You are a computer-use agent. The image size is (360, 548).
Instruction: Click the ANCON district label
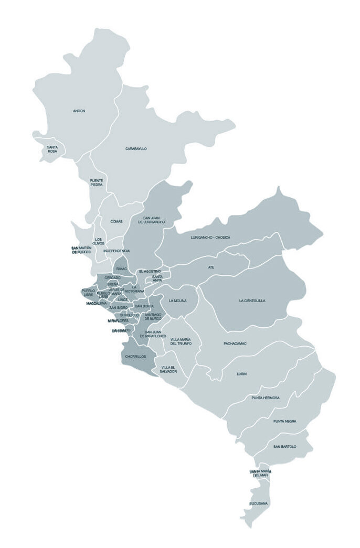[x=79, y=111]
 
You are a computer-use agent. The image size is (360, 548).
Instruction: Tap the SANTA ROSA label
[x=52, y=149]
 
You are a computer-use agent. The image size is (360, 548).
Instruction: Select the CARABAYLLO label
[x=136, y=149]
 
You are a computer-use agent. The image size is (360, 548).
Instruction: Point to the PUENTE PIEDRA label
[x=96, y=182]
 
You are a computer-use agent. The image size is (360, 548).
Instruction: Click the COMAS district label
[x=117, y=222]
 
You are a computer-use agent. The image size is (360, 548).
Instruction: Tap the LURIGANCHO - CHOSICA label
[x=210, y=238]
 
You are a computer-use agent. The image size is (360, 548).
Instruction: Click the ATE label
[x=211, y=267]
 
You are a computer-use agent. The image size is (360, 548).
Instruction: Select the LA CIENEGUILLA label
[x=252, y=301]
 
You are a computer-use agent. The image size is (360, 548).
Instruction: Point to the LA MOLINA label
[x=177, y=301]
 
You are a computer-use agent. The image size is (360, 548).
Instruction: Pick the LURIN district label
[x=241, y=374]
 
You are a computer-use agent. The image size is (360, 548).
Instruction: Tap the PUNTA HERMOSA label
[x=265, y=398]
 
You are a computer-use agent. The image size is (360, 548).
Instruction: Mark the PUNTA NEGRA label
[x=284, y=422]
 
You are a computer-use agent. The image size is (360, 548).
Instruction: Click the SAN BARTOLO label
[x=284, y=447]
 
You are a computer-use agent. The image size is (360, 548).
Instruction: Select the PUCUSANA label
[x=259, y=504]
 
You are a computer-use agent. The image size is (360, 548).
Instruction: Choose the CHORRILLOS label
[x=135, y=357]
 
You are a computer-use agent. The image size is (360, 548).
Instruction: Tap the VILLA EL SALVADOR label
[x=169, y=369]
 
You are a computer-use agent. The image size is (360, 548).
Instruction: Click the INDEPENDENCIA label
[x=117, y=251]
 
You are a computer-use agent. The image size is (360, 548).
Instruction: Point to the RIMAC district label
[x=122, y=269]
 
